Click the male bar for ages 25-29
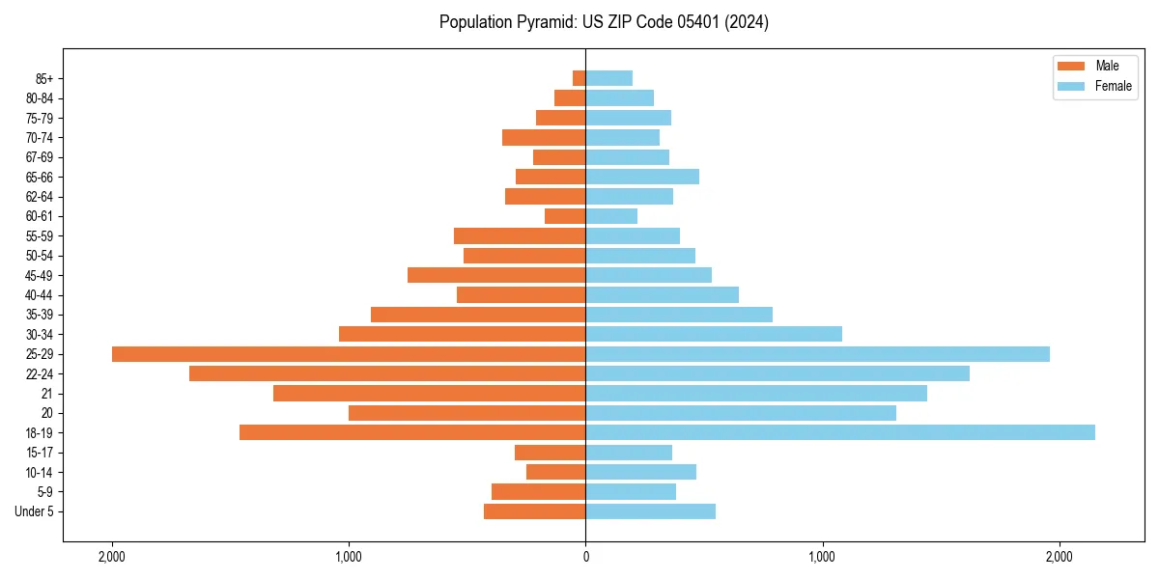[349, 354]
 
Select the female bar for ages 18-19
[840, 432]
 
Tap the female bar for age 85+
[608, 78]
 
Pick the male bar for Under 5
[534, 511]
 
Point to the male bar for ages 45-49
[496, 275]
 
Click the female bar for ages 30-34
[714, 334]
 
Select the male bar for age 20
[466, 413]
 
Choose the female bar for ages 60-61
[611, 216]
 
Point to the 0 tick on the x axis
[585, 557]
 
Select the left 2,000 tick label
[112, 557]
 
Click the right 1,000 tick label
[822, 557]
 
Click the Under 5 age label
[35, 511]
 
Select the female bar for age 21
[756, 394]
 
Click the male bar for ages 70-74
[544, 137]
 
